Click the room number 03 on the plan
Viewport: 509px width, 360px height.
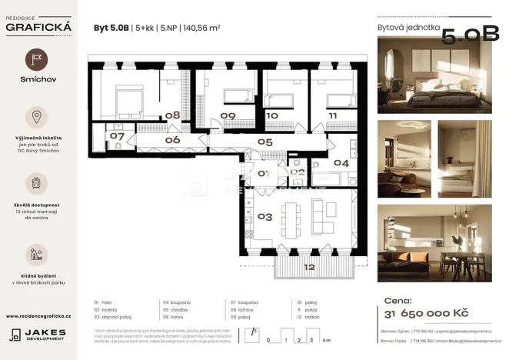pos(264,217)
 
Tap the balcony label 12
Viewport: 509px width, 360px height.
pos(308,268)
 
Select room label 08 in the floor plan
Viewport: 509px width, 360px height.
pos(173,115)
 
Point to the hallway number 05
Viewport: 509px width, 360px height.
pos(265,142)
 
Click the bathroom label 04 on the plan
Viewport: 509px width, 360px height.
pos(341,163)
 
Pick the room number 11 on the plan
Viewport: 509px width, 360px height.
pos(332,115)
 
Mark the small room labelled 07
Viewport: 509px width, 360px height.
pos(117,136)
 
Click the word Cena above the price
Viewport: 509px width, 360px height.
pos(398,301)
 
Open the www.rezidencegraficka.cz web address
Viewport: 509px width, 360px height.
pos(38,315)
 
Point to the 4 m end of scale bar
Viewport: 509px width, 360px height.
pos(328,338)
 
